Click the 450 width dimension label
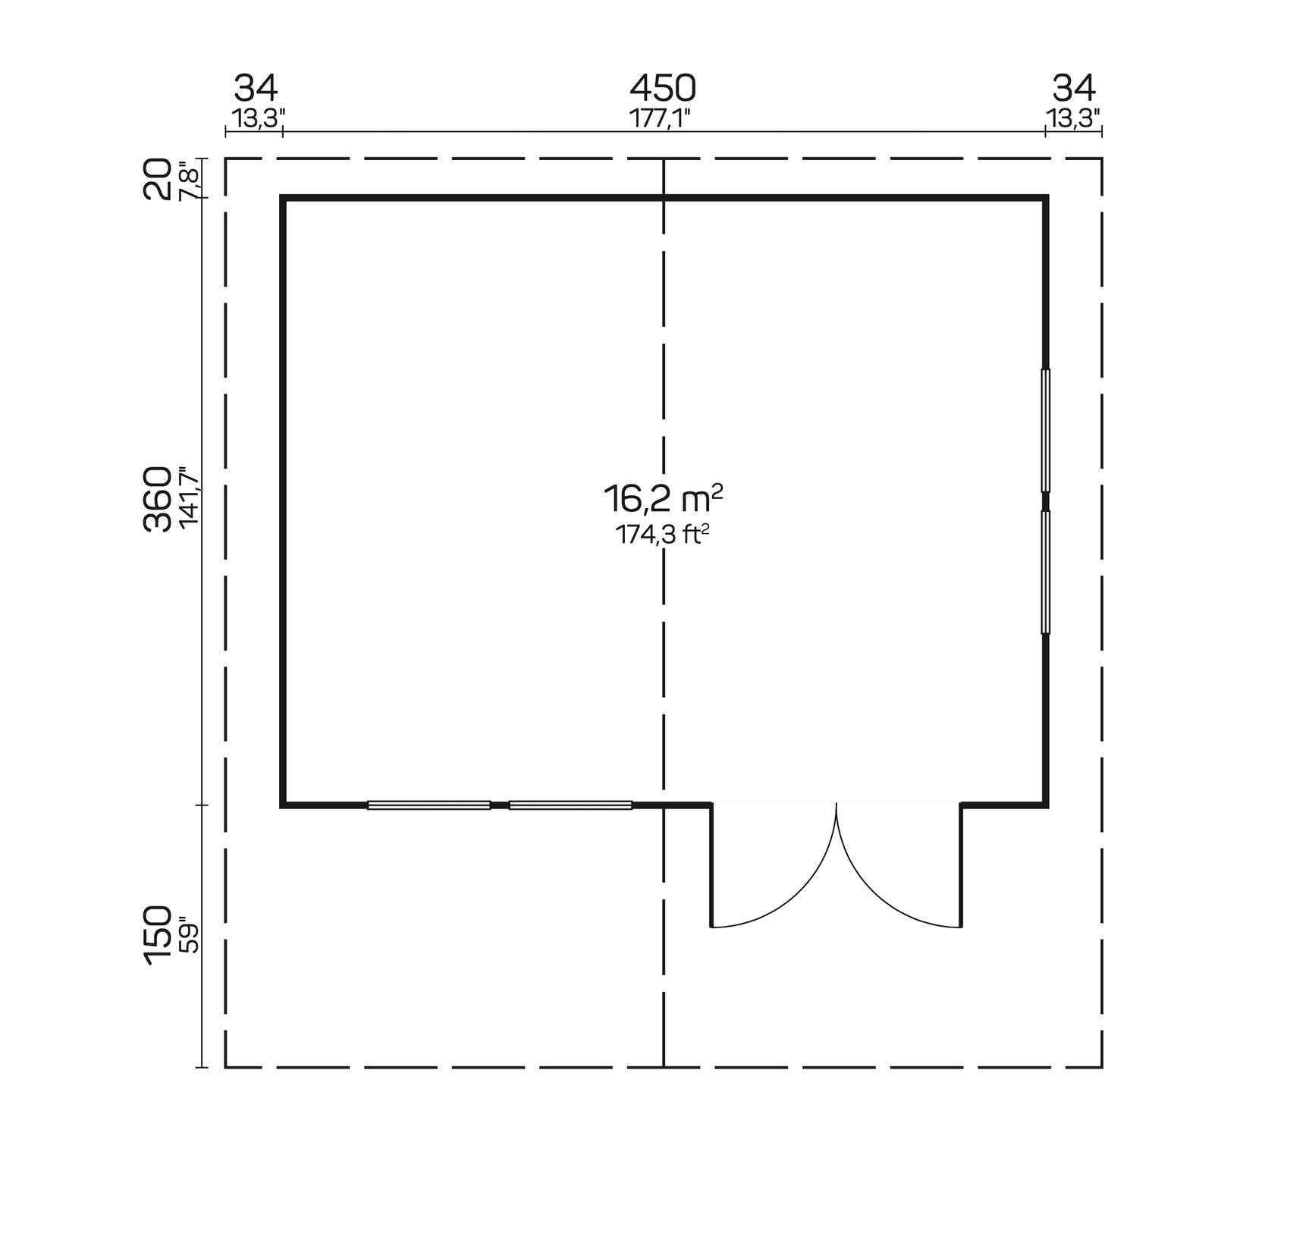[x=662, y=89]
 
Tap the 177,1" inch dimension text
[x=661, y=119]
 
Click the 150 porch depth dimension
[x=159, y=934]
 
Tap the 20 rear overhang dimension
[x=159, y=178]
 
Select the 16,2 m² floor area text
[x=662, y=499]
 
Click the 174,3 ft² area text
[x=662, y=535]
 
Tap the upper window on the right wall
[x=1046, y=430]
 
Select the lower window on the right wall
[x=1046, y=572]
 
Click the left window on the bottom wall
[x=428, y=805]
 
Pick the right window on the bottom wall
[x=570, y=805]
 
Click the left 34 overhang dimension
[x=256, y=89]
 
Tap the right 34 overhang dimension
[x=1073, y=89]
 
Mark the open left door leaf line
[x=711, y=865]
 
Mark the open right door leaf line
[x=961, y=865]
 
